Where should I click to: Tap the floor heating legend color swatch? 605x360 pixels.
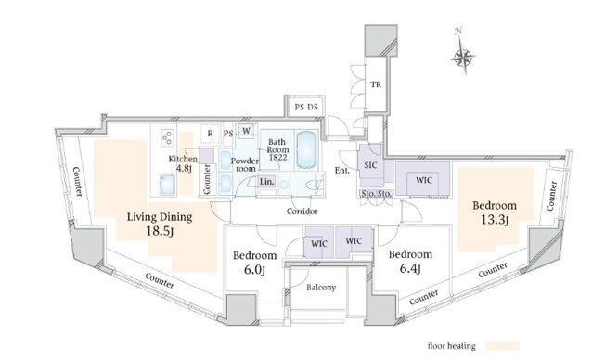coord(502,346)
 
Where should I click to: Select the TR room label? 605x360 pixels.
coord(376,84)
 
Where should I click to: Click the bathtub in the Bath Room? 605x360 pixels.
coord(307,149)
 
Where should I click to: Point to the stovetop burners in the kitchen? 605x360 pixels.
coord(167,137)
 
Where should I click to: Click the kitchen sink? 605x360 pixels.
coord(167,184)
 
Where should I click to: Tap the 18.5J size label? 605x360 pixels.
coord(160,231)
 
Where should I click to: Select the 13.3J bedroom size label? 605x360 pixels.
coord(495,220)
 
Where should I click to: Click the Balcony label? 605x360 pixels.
coord(321,288)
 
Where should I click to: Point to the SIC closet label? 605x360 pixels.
coord(370,165)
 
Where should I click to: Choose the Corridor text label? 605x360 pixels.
coord(302,211)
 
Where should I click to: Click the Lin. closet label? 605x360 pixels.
coord(266,181)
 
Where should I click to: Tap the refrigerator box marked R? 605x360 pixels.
coord(211,134)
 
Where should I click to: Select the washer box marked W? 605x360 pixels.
coord(246,131)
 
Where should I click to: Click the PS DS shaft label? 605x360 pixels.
coord(306,107)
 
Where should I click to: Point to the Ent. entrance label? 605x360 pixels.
coord(341,170)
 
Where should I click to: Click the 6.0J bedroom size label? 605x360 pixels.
coord(254,270)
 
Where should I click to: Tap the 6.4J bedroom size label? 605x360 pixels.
coord(410,268)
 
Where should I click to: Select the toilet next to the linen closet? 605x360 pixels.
coord(315,185)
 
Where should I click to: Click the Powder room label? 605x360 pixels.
coord(245,165)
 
